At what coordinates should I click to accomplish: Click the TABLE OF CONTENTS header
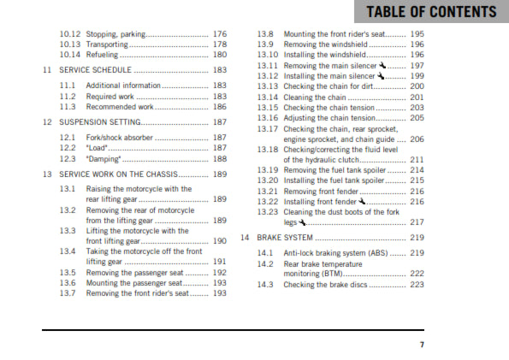431,12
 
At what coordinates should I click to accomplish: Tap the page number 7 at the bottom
421,345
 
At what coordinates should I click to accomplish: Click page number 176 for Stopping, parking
220,34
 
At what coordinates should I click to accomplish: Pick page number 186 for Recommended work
220,107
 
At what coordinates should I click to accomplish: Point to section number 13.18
267,149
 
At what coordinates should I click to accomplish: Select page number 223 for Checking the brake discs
417,285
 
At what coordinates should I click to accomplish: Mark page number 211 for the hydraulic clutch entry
417,159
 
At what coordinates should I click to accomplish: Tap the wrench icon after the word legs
304,221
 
